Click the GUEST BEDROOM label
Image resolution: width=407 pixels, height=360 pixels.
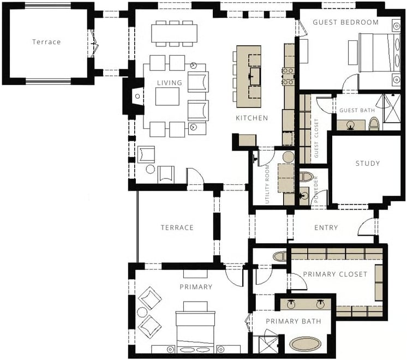point(345,22)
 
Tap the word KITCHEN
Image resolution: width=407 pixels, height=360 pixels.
point(252,118)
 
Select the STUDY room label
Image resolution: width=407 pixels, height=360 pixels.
point(368,164)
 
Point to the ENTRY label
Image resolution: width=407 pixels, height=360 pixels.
point(326,227)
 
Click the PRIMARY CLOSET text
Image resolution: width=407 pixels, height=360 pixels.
point(335,274)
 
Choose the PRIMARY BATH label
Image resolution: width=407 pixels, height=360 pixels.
point(294,321)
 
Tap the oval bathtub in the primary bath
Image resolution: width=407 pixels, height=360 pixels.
point(306,344)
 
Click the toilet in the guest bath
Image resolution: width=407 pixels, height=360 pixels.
point(374,124)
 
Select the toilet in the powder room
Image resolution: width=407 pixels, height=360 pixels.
point(306,177)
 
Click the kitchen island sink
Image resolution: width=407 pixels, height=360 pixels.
point(255,76)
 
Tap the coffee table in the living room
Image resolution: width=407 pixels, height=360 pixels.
point(167,97)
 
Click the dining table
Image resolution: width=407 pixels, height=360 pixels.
point(174,33)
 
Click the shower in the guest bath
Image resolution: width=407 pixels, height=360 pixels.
point(392,108)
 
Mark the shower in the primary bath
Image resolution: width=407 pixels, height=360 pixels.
point(268,345)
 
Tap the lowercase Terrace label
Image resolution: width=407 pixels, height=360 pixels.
point(46,42)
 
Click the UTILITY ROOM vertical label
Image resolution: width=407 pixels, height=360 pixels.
point(267,184)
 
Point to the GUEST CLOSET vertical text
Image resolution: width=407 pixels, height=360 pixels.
point(316,138)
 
